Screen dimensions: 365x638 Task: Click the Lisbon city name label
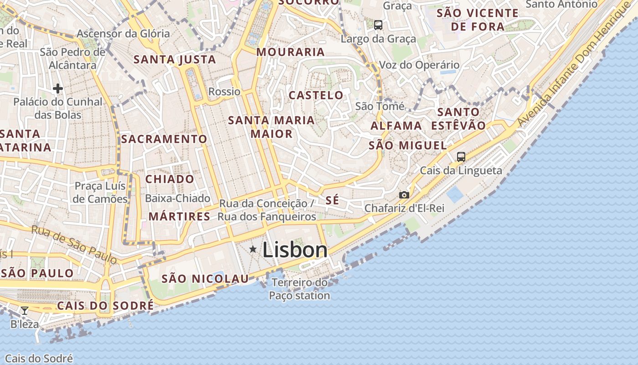(x=295, y=250)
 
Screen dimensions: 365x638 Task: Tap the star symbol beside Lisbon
(x=253, y=249)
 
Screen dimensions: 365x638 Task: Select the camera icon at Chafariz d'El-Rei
(x=404, y=195)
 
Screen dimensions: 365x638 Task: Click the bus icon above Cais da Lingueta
(x=461, y=157)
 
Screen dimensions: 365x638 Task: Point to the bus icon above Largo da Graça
(x=378, y=25)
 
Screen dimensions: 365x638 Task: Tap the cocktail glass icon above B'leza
(x=25, y=311)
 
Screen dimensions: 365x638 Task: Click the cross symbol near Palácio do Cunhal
(x=57, y=88)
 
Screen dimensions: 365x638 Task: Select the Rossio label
(x=224, y=92)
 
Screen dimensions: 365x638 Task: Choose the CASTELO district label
(x=316, y=95)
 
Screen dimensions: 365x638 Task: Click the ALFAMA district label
(x=396, y=125)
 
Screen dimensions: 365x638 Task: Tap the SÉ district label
(x=333, y=200)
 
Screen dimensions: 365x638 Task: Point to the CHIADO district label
(x=170, y=179)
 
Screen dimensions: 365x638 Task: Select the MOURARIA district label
(x=290, y=52)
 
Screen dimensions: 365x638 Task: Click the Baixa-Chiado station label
(x=178, y=198)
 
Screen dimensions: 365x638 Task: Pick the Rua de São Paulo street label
(x=74, y=244)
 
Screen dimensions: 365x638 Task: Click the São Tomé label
(x=380, y=106)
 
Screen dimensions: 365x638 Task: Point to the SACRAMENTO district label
(x=164, y=139)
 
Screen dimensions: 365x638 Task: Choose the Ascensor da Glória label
(x=123, y=33)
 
